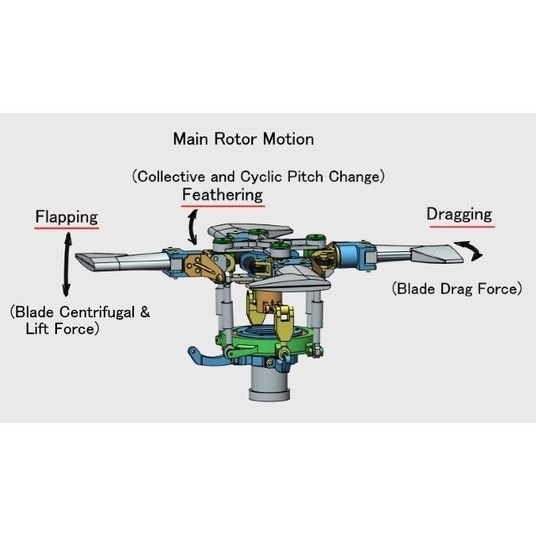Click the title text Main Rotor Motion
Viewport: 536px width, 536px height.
click(244, 139)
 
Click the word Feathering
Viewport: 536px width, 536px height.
click(223, 195)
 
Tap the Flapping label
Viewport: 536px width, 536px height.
click(67, 217)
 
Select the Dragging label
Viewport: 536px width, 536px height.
click(459, 214)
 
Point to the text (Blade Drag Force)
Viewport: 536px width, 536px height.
click(457, 289)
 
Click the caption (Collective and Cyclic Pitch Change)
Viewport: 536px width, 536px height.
click(259, 177)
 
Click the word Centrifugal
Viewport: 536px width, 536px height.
click(97, 312)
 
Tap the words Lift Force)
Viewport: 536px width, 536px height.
click(63, 329)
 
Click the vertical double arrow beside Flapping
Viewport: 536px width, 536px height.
click(67, 265)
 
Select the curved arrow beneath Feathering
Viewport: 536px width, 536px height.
click(192, 228)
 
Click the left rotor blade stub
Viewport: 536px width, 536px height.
click(123, 261)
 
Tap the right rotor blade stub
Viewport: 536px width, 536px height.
click(420, 253)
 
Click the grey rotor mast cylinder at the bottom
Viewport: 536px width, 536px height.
click(270, 382)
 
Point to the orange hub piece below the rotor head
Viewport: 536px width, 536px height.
click(266, 301)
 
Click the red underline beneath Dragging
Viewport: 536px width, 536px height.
click(461, 226)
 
